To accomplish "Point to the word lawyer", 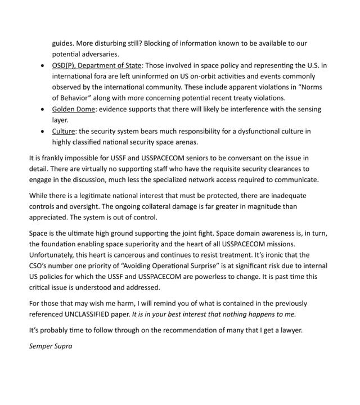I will [288, 330].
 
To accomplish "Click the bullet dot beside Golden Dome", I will [43, 109].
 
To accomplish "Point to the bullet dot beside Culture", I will [43, 131].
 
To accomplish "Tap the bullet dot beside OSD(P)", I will [43, 66].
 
